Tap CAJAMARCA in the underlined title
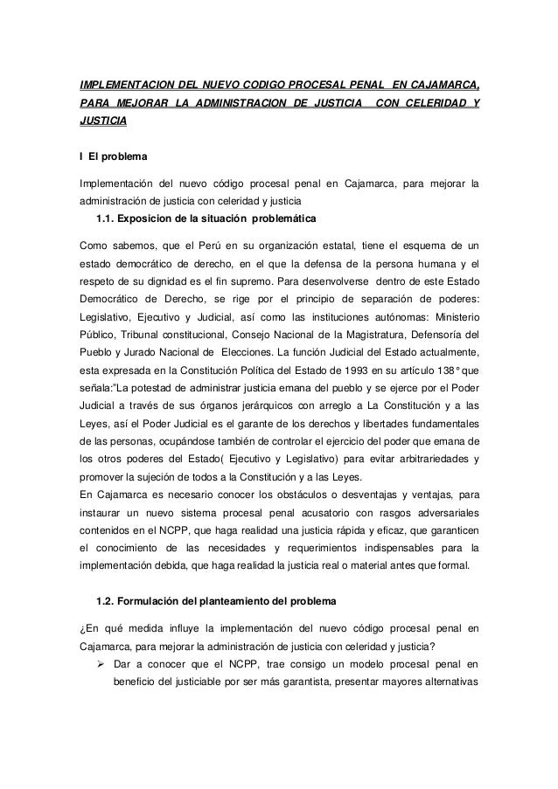(438, 86)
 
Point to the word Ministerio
(450, 320)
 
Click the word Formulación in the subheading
(154, 601)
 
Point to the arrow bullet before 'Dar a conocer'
(90, 667)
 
